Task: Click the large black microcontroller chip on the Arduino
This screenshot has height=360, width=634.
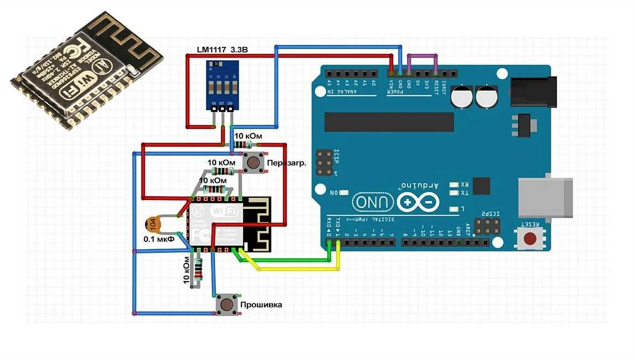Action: (389, 122)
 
